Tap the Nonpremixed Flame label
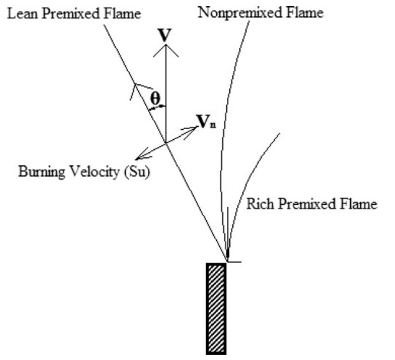[x=261, y=13]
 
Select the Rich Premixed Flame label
[x=311, y=204]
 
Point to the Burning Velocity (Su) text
[x=84, y=172]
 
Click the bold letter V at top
[x=165, y=35]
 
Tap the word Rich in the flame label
[x=259, y=204]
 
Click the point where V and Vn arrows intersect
[x=166, y=142]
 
